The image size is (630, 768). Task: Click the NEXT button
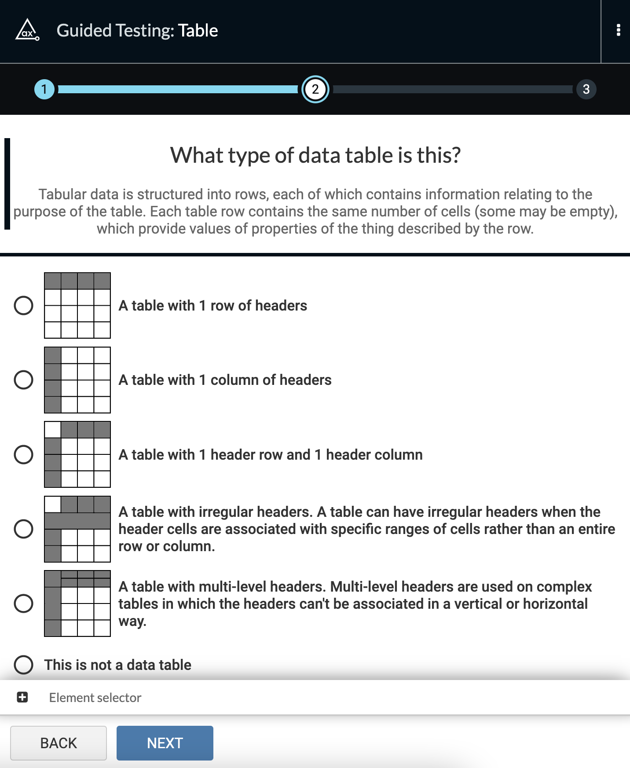click(165, 743)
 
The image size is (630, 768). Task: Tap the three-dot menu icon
click(618, 30)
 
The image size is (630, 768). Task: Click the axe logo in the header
click(27, 30)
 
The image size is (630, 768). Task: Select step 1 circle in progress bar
click(44, 89)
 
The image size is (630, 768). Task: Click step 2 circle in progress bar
click(315, 89)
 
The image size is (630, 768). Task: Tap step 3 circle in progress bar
click(586, 89)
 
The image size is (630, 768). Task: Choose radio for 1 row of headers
click(24, 305)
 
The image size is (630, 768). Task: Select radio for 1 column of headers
click(24, 380)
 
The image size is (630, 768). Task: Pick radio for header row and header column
click(24, 454)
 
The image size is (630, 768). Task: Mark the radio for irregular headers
click(24, 529)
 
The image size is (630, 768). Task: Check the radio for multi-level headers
click(24, 603)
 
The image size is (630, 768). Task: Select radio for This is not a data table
click(24, 665)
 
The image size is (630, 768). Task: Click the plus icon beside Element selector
click(22, 697)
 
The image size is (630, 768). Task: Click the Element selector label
click(95, 698)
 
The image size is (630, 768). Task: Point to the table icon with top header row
click(77, 305)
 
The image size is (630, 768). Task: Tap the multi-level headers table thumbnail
click(77, 603)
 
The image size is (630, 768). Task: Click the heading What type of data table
click(315, 155)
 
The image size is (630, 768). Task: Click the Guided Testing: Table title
click(137, 30)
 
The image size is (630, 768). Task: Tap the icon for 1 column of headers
click(77, 380)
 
